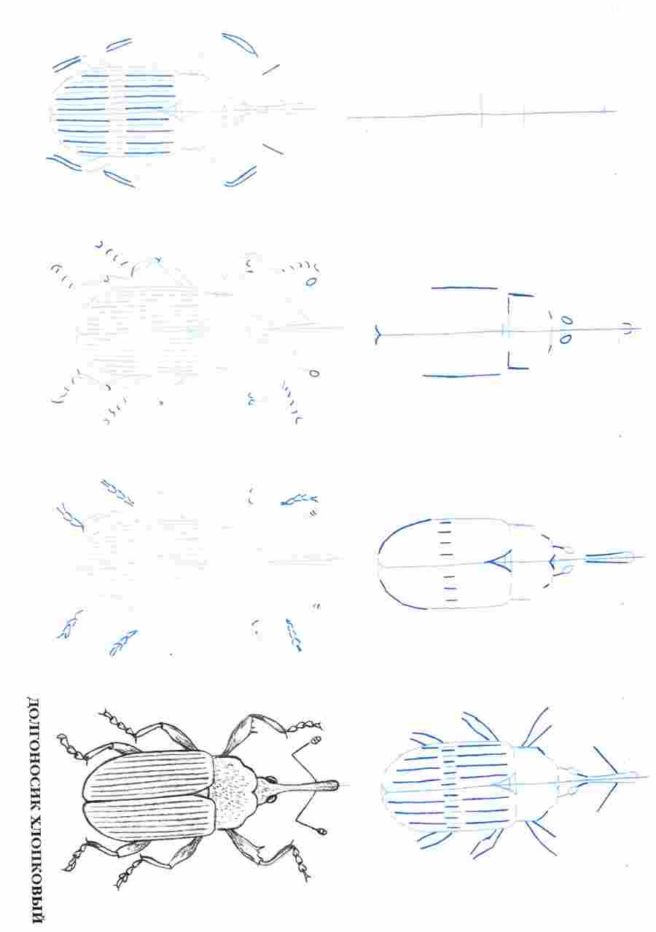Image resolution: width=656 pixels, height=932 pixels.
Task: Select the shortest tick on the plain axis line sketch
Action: click(x=604, y=110)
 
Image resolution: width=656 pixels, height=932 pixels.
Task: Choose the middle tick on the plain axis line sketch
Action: click(x=523, y=112)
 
